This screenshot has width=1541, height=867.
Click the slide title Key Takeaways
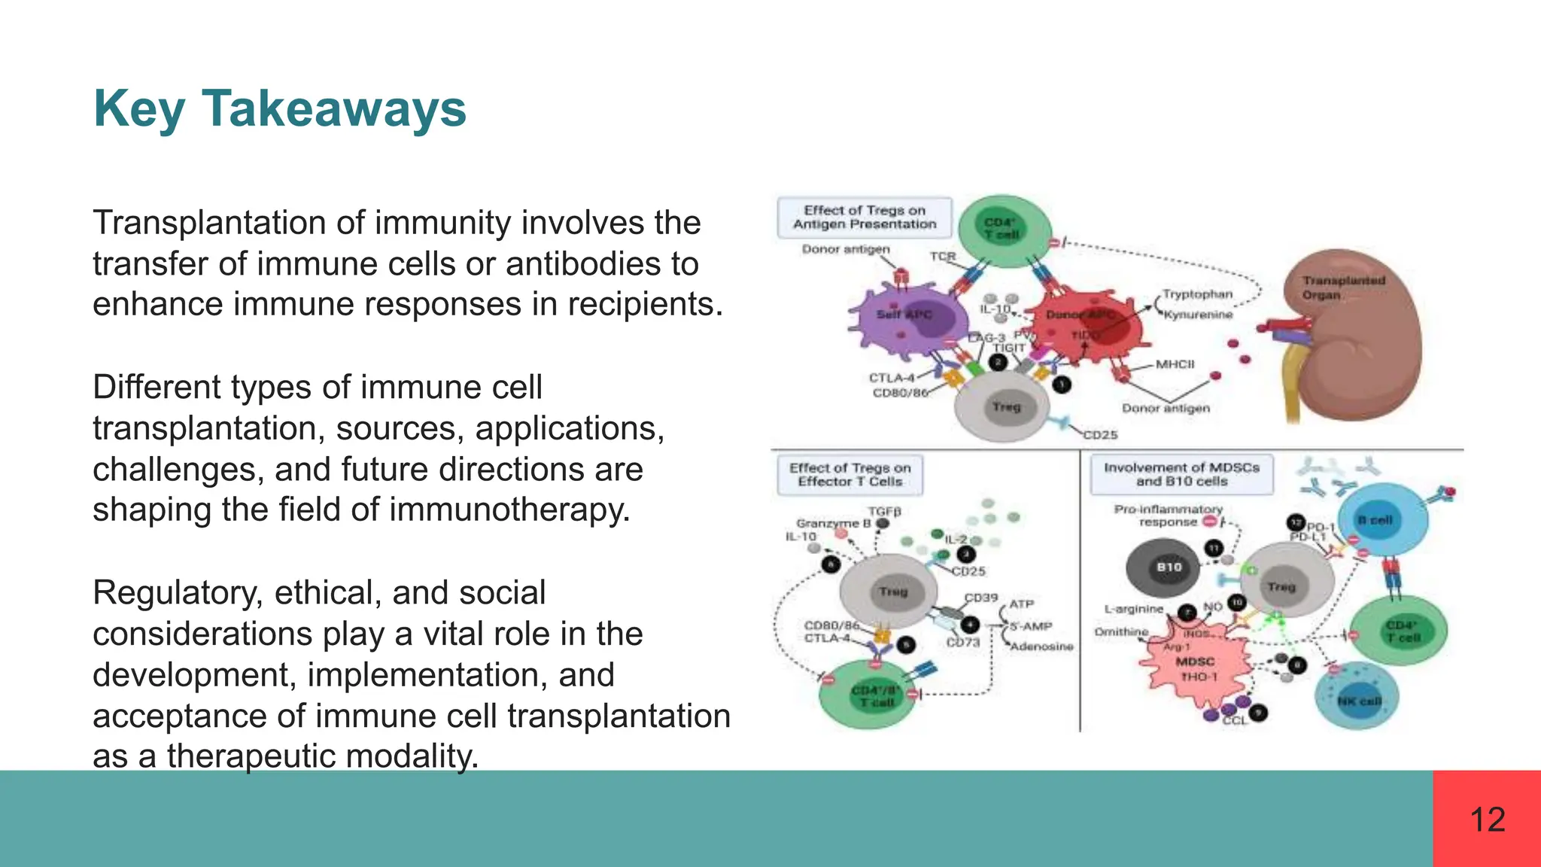pos(280,110)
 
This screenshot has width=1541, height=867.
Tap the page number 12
pos(1487,820)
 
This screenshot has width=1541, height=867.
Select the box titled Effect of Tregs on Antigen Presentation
pos(865,218)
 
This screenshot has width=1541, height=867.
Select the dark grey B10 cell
pos(1169,567)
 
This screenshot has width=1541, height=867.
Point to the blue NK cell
pos(1357,699)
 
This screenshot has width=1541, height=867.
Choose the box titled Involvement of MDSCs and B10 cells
pos(1181,474)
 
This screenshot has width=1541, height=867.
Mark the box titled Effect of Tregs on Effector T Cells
pos(850,475)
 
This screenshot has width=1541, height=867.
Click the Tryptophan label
pos(1197,294)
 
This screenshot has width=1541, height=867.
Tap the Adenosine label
pos(1041,646)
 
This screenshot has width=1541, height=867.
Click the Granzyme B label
pos(833,523)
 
